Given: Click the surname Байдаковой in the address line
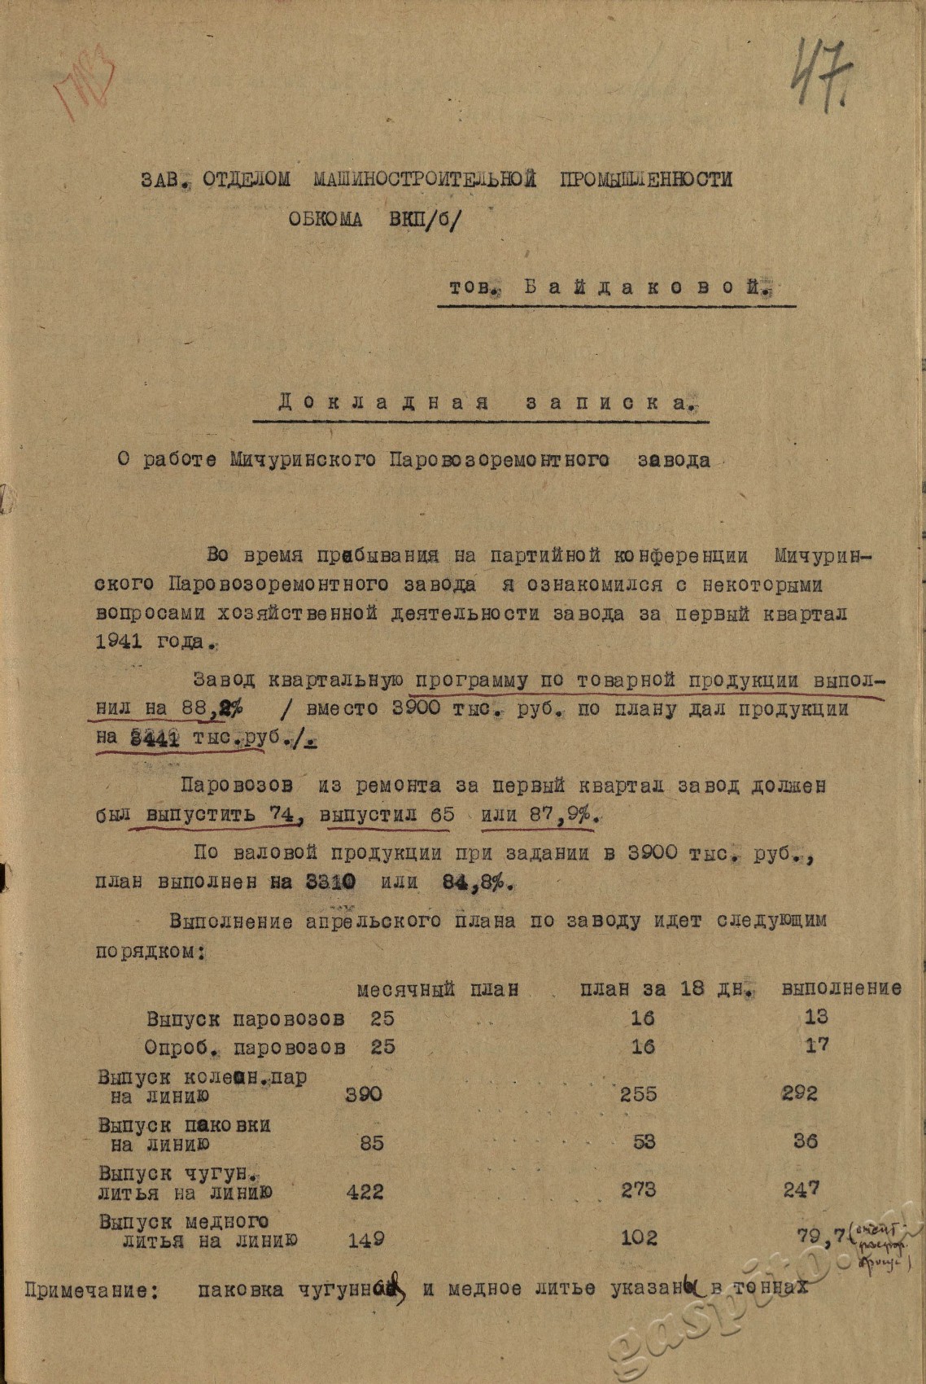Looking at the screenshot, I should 647,287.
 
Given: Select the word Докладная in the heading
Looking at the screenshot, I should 382,402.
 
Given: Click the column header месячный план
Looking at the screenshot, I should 437,989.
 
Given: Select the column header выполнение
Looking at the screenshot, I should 841,988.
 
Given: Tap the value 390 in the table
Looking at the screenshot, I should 364,1093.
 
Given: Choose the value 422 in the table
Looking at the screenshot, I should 364,1192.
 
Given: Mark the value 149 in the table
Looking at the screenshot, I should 365,1240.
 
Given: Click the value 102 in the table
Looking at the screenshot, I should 638,1237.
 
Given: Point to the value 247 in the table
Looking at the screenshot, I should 802,1190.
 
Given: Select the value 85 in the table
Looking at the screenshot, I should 371,1142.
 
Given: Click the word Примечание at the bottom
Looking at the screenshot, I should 90,1290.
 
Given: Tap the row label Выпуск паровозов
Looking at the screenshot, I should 245,1018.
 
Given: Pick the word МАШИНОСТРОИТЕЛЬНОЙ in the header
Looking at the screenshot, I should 425,179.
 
